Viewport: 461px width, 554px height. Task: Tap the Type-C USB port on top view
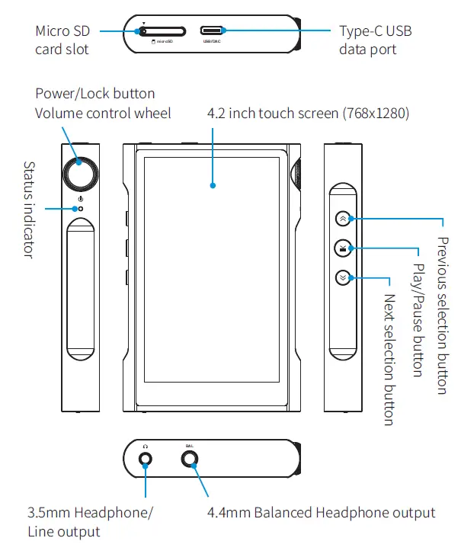click(x=213, y=31)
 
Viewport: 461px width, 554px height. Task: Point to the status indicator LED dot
click(x=81, y=208)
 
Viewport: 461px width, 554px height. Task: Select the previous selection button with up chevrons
click(x=344, y=218)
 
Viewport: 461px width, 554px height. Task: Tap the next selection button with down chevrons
click(x=344, y=277)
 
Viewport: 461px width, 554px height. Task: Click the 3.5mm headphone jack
click(x=145, y=460)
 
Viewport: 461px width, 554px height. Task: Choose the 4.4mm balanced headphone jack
click(x=190, y=460)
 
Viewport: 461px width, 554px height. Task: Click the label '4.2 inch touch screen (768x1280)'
click(x=309, y=114)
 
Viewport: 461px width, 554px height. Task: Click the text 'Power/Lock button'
click(x=95, y=94)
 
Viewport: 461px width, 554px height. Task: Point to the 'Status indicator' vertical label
click(x=29, y=210)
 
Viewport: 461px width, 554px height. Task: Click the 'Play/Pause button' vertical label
click(x=417, y=320)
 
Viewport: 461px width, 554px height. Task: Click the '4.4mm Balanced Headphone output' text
click(x=321, y=513)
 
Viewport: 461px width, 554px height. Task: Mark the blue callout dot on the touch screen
click(x=213, y=184)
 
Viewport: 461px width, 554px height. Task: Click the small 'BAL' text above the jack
click(x=190, y=444)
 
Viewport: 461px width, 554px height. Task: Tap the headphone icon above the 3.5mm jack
click(x=145, y=444)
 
